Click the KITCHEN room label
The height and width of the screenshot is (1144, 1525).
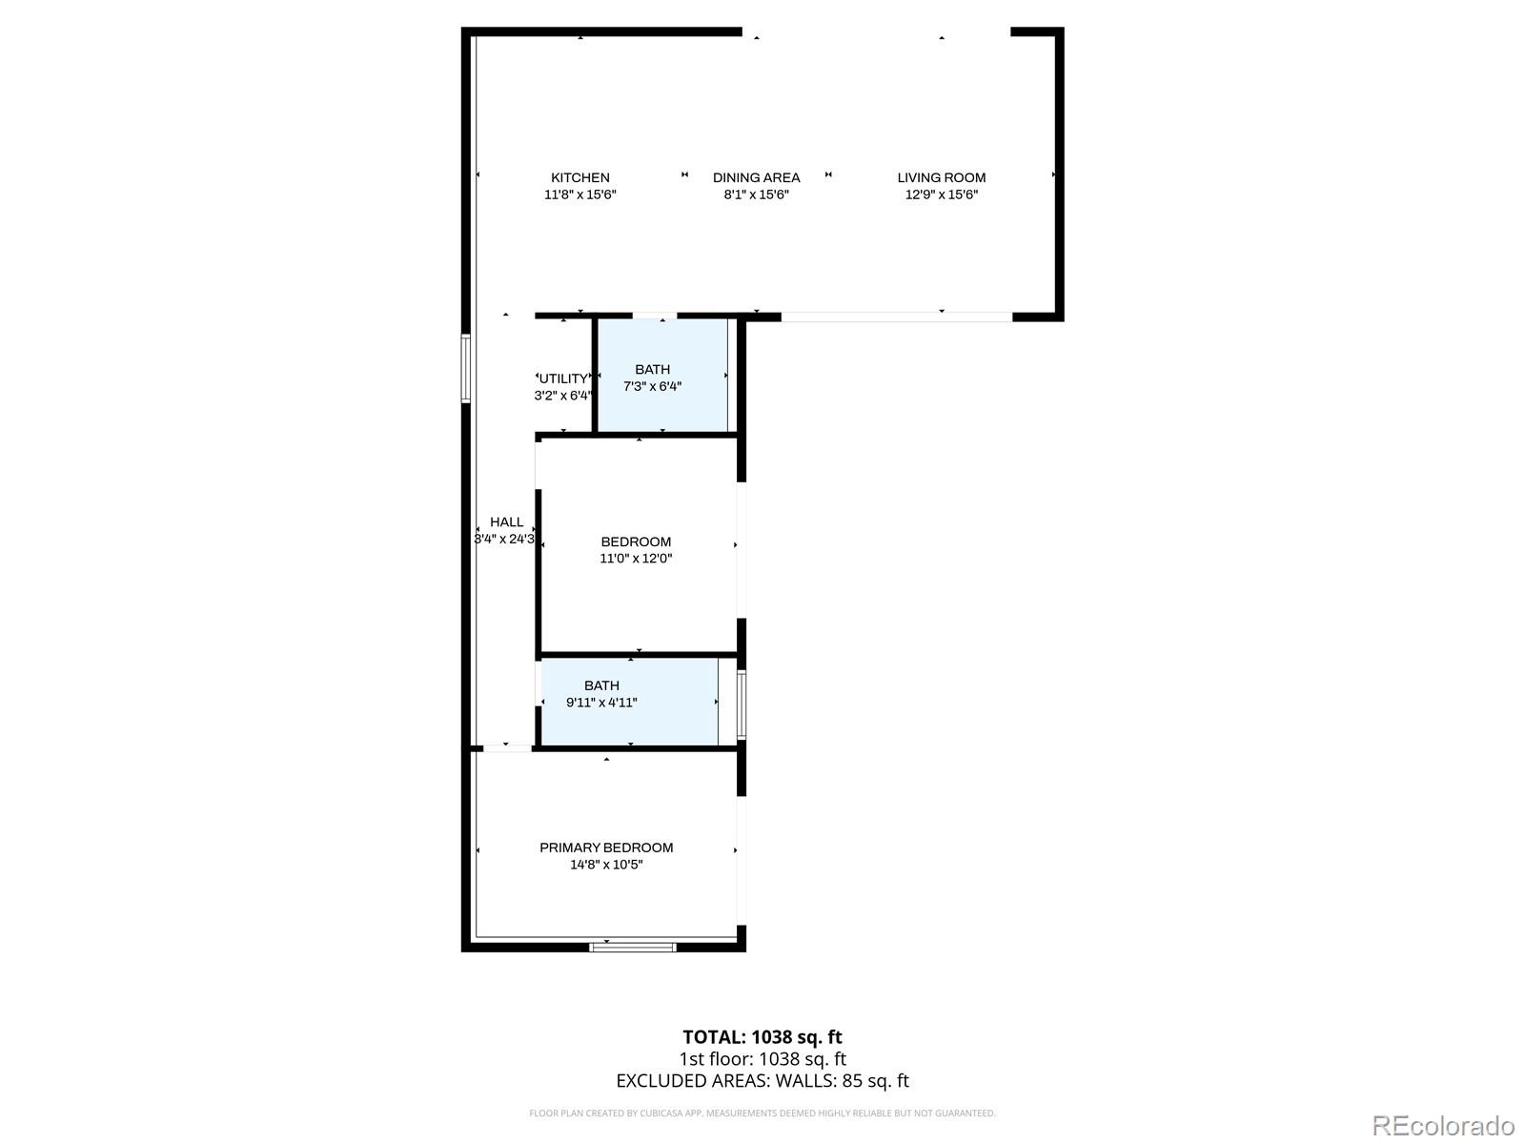[x=580, y=178]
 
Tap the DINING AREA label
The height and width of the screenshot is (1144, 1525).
[x=756, y=178]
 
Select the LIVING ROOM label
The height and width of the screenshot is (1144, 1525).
[x=942, y=178]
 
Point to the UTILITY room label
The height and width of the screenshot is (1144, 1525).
[x=563, y=378]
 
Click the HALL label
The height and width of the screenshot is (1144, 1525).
[x=506, y=521]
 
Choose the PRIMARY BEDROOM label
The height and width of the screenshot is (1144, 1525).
[x=606, y=848]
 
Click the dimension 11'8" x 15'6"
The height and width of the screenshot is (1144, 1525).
[x=580, y=194]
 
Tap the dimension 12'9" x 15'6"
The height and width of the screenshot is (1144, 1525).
[x=942, y=194]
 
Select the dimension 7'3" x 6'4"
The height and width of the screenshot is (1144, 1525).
[x=652, y=386]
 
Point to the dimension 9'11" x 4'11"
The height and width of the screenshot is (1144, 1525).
[x=601, y=703]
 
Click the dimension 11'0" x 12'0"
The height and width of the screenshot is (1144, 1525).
[x=636, y=559]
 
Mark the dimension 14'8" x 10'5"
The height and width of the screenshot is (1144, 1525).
[x=606, y=865]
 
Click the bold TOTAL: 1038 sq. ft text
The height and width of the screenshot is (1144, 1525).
[x=762, y=1037]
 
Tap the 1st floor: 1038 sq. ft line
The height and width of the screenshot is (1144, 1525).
[x=762, y=1058]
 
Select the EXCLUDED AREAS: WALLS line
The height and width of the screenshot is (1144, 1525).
[x=762, y=1081]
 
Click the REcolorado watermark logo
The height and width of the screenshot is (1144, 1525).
[x=1444, y=1125]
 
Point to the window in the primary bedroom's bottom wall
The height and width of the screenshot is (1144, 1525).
[x=632, y=947]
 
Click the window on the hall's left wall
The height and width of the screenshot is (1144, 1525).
[x=465, y=368]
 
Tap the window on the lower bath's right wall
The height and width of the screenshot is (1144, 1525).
[x=742, y=705]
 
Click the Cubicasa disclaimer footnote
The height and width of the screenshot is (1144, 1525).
[x=762, y=1113]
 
